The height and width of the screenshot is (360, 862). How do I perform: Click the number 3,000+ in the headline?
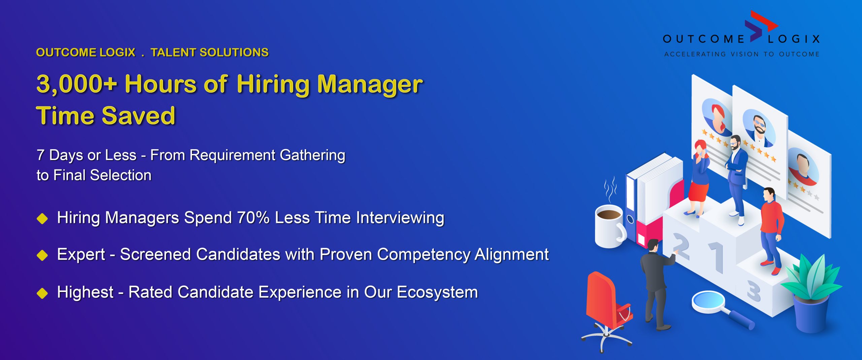pos(77,84)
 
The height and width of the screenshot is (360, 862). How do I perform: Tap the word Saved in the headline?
pos(138,116)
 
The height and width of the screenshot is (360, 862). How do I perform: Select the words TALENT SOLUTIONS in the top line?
pos(209,53)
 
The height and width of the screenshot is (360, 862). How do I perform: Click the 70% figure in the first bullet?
pos(253,218)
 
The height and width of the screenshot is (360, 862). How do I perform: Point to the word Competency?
pos(423,255)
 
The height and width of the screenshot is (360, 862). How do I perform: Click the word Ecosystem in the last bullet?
pos(437,292)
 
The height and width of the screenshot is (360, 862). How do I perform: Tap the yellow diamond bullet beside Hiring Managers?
pos(42,219)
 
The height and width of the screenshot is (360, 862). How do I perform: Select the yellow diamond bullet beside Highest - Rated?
pos(42,293)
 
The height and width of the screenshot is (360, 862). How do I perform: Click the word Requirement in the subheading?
pos(233,155)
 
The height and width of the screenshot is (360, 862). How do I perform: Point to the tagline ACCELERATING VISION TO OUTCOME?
pos(742,54)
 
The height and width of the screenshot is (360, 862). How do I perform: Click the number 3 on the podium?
pos(754,291)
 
